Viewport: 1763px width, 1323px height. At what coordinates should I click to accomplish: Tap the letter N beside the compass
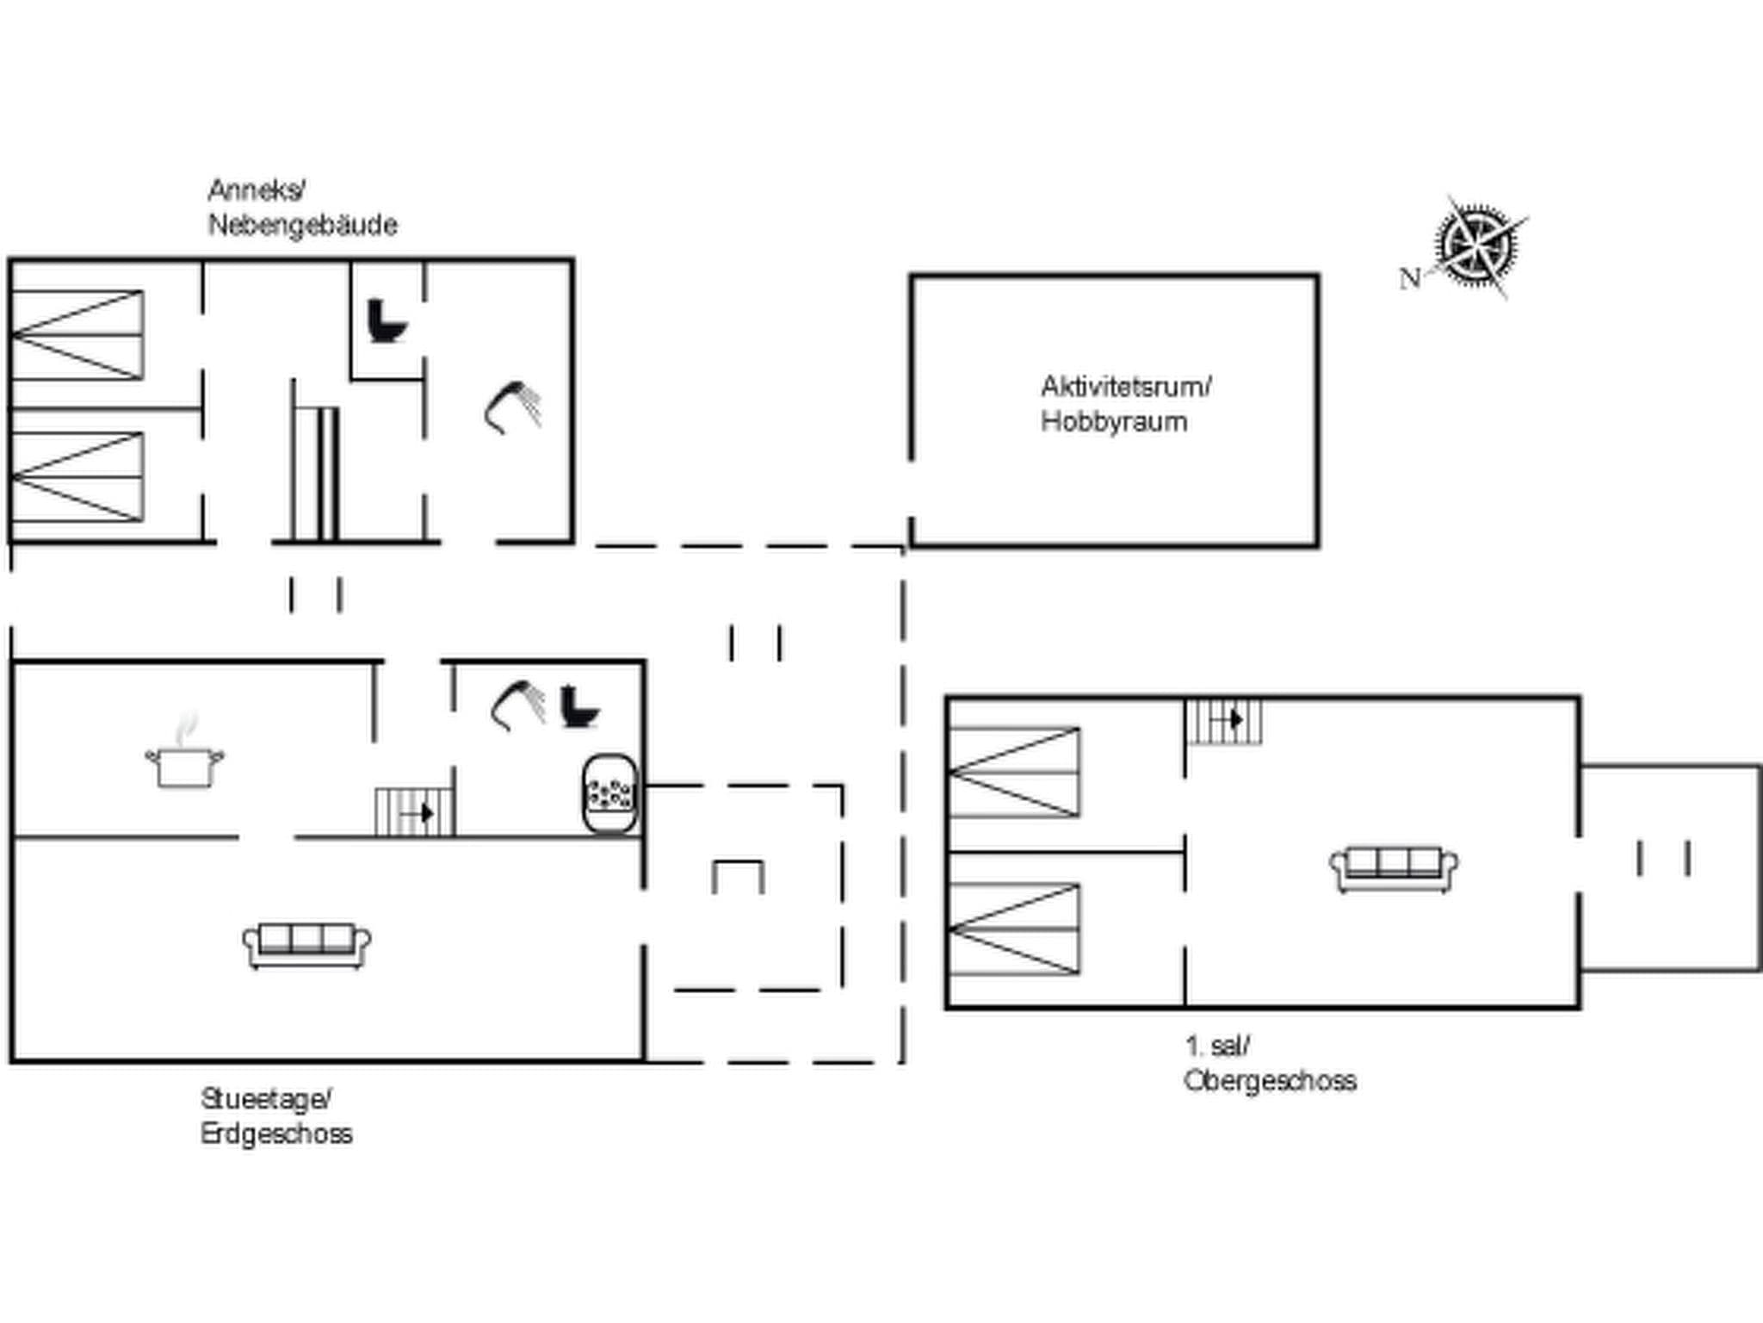click(x=1409, y=279)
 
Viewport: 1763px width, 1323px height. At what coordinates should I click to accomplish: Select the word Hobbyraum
click(x=1113, y=422)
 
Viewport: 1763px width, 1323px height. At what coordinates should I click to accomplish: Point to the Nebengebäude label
click(x=302, y=226)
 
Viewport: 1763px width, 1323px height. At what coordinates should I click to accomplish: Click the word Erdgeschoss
click(x=276, y=1134)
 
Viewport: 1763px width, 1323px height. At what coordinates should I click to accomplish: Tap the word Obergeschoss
click(x=1270, y=1080)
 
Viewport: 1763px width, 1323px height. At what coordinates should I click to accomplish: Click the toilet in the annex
click(x=386, y=320)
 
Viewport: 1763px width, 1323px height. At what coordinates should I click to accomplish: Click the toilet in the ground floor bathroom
click(x=578, y=706)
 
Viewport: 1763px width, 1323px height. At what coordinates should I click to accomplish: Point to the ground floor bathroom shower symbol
click(x=517, y=705)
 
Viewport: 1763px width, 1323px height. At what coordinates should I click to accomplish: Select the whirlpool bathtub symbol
click(x=610, y=795)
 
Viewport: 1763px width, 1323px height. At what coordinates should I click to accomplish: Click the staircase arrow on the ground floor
click(x=425, y=812)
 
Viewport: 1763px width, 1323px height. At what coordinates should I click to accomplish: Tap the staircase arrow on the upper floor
click(x=1236, y=719)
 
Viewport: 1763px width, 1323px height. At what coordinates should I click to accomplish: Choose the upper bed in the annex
click(x=77, y=335)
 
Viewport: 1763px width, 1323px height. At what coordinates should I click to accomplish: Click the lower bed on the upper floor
click(x=1013, y=929)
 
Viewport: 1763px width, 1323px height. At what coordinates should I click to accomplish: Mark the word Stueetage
click(x=265, y=1099)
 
